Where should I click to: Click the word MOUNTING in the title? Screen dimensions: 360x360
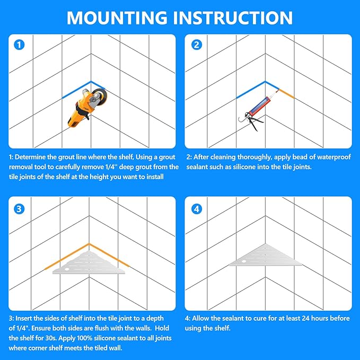(x=117, y=17)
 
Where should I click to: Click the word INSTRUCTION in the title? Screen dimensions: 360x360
(x=233, y=17)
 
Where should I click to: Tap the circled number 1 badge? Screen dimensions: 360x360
(x=19, y=45)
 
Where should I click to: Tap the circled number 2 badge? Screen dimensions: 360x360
(x=197, y=45)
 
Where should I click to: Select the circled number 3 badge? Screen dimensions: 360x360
(x=19, y=209)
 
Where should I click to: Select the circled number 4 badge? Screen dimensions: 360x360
(x=197, y=209)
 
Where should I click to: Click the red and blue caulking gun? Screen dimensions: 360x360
(x=257, y=111)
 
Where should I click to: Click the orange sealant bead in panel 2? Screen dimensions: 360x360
(x=286, y=94)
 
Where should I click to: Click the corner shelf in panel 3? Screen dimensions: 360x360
(x=89, y=262)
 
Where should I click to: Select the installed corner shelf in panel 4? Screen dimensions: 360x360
(x=266, y=256)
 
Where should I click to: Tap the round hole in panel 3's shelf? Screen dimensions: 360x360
(x=67, y=269)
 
